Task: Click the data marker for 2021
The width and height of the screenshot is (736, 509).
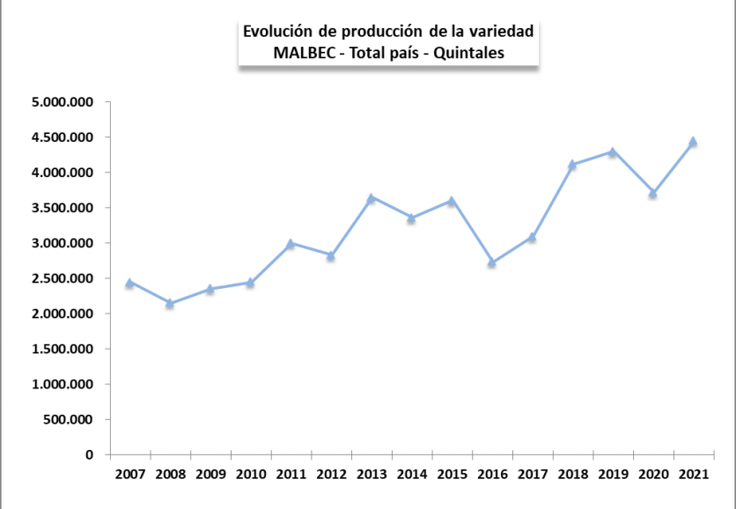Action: click(693, 141)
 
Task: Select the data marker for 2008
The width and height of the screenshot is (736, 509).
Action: click(170, 303)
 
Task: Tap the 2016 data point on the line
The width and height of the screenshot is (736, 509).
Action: click(492, 262)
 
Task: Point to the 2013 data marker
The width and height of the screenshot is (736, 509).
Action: click(371, 198)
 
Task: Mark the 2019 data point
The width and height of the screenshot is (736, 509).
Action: click(612, 151)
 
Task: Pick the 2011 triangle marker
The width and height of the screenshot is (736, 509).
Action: click(291, 243)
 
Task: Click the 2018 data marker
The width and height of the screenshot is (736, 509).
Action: click(572, 164)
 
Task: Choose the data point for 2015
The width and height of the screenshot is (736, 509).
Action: click(452, 201)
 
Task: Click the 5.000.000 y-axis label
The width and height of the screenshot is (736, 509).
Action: click(62, 103)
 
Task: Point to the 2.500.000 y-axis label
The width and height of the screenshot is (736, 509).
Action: click(62, 279)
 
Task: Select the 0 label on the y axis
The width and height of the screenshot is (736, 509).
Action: click(90, 455)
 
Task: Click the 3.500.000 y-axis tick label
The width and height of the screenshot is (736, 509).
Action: click(62, 209)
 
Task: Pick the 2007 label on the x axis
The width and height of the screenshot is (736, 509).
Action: click(130, 475)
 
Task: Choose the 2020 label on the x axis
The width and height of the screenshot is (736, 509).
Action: click(652, 475)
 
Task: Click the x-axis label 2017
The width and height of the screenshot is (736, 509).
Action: click(532, 475)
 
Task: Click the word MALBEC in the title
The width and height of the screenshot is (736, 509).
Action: click(305, 52)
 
